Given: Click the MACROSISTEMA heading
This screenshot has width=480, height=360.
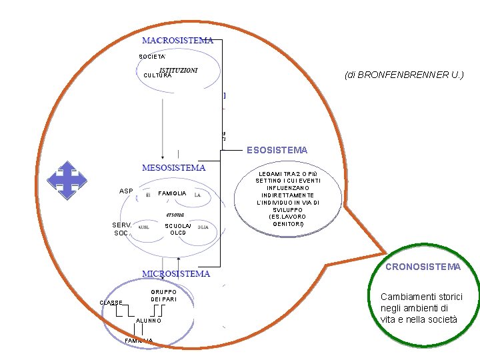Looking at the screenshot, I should click(x=177, y=40).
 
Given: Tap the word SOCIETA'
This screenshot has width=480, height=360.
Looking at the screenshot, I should click(x=152, y=56).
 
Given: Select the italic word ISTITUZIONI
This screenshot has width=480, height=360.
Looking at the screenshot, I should click(x=178, y=70).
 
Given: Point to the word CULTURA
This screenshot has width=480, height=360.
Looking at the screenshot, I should click(x=157, y=76).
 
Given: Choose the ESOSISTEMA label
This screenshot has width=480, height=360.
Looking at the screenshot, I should click(x=277, y=150).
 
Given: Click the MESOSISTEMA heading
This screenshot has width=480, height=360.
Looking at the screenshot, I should click(x=173, y=167).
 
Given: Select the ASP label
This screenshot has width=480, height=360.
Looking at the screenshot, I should click(x=126, y=192).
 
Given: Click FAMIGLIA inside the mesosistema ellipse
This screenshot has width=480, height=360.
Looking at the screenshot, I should click(x=172, y=193).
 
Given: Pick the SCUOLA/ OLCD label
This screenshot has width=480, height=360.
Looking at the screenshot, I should click(x=178, y=229).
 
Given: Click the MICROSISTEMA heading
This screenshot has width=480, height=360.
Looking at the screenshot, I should click(x=176, y=273).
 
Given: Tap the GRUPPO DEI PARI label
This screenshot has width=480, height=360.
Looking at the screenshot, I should click(x=163, y=295).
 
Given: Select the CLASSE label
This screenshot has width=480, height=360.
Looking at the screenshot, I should click(x=111, y=303).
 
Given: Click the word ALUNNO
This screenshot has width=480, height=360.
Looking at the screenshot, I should click(x=148, y=321).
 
